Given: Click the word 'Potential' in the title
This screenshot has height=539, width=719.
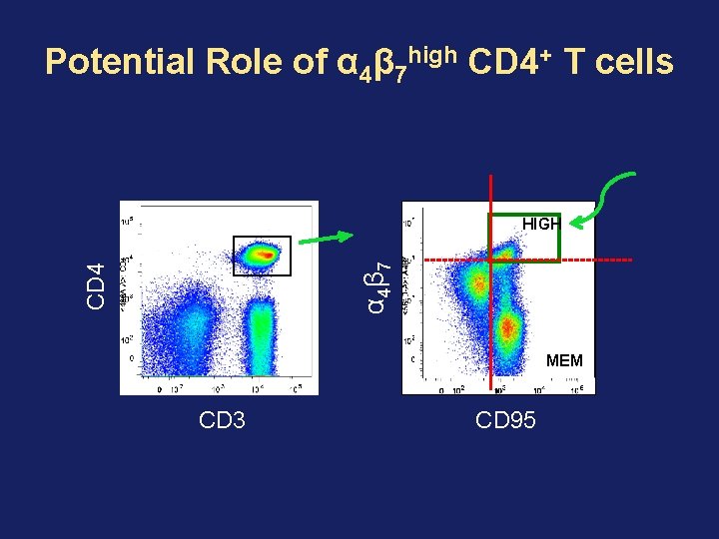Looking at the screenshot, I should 120,63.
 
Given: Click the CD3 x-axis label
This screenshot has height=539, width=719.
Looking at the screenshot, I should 222,420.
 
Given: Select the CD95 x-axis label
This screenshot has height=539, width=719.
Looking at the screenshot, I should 506,420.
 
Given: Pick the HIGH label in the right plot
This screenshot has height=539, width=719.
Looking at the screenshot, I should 541,225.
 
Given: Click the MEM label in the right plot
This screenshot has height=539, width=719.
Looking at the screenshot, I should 564,360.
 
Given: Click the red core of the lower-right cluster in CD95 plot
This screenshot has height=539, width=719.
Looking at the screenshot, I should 508,325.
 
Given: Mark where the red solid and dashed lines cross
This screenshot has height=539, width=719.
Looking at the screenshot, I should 491,260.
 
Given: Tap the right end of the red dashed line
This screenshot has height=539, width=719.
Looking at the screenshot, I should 631,260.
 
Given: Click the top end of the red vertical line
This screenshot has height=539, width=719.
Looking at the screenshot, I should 491,178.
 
